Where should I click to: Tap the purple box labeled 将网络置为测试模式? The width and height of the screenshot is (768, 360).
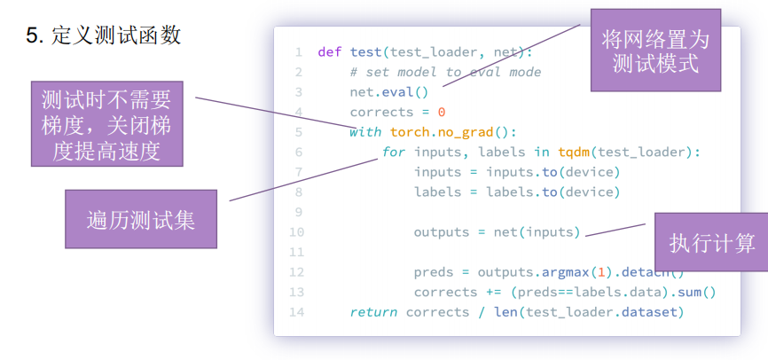point(655,50)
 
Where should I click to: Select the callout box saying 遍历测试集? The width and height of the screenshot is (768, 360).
point(141,219)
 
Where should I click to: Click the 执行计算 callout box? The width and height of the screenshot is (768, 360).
point(711,242)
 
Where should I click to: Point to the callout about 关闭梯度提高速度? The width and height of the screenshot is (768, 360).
point(106,124)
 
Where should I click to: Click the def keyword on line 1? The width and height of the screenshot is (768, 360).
point(330,52)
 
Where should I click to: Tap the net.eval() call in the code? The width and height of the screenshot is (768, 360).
point(389,92)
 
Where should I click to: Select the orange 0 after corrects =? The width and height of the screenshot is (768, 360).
point(442,112)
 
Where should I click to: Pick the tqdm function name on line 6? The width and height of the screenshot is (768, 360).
point(574,153)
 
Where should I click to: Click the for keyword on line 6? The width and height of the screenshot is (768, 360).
point(394,152)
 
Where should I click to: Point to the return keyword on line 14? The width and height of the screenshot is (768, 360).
point(373,312)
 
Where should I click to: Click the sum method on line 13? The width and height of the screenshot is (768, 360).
point(690,293)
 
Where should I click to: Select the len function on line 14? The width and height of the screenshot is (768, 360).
point(506,312)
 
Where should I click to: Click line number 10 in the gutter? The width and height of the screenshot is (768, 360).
point(296,232)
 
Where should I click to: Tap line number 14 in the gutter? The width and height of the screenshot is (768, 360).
point(296,312)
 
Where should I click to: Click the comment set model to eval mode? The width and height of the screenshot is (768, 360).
point(445,72)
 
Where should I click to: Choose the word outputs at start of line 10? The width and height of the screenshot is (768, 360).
point(442,232)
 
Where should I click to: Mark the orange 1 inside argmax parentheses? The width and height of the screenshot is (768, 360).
point(597,272)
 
